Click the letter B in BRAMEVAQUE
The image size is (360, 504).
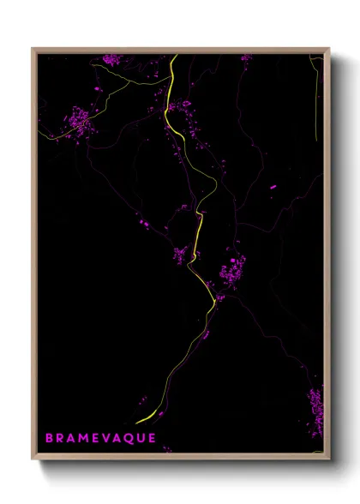(x=49, y=438)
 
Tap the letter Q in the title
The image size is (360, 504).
(x=125, y=438)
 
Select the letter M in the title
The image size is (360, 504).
(x=84, y=438)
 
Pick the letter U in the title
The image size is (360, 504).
(x=138, y=438)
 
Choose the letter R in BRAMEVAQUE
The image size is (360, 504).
(x=60, y=438)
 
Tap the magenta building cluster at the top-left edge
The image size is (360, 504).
(x=111, y=59)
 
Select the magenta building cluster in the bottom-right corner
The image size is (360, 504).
(x=315, y=403)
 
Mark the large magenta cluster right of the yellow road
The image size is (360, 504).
(x=231, y=273)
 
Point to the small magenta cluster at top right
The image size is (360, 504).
(x=247, y=58)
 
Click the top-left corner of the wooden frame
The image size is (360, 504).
(x=33, y=49)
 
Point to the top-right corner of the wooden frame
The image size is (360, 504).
(x=329, y=49)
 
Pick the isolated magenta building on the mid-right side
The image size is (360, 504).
(x=273, y=186)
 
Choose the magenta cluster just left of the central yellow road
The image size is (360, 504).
(x=180, y=255)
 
